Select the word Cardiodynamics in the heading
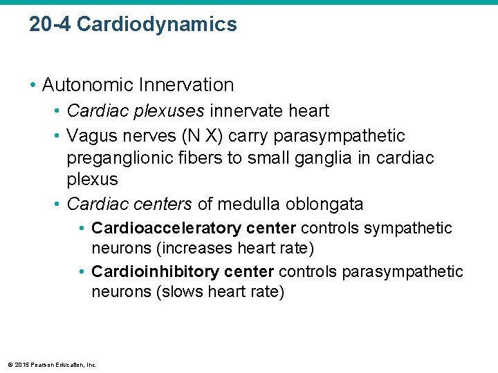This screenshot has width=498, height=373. coord(157,25)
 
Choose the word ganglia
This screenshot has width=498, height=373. coord(325,157)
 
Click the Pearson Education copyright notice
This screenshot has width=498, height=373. coord(52,365)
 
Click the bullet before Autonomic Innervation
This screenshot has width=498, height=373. coord(33,86)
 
